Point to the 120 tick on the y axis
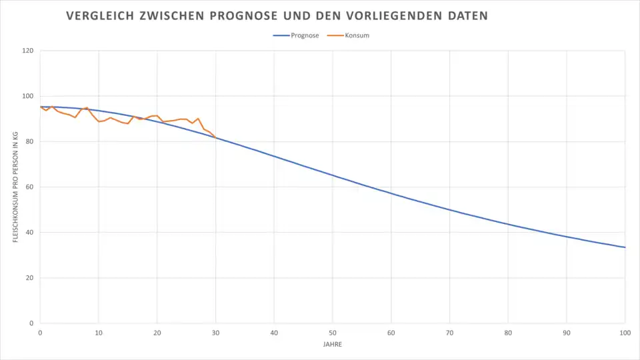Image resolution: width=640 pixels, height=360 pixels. coord(28,51)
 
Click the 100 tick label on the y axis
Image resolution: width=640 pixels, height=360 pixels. coord(28,96)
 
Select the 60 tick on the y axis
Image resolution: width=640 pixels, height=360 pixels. coord(30,187)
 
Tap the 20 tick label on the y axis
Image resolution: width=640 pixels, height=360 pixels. coord(30,278)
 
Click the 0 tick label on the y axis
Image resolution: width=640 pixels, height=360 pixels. coord(32,323)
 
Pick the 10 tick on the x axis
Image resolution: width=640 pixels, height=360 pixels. coord(99,332)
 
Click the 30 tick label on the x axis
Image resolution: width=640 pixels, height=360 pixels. coord(215,332)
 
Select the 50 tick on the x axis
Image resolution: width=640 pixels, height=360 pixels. coord(333,332)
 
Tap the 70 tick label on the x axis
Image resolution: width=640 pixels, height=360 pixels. coord(449,332)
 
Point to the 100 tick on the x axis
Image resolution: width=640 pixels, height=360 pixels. coord(625,332)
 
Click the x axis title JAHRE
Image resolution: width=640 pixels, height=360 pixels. coord(333,345)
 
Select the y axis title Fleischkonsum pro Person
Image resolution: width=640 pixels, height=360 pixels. coord(15,187)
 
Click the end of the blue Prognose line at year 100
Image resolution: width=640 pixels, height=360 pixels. coord(625,247)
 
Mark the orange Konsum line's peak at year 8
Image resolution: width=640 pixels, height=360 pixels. coord(87,107)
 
